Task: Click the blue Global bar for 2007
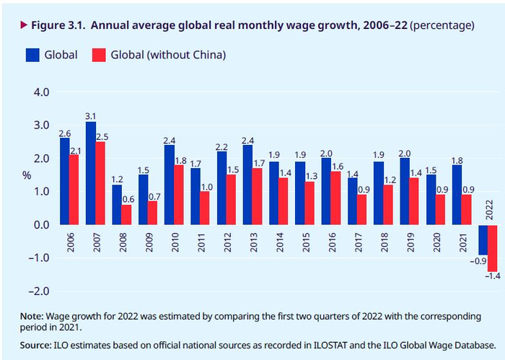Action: point(90,173)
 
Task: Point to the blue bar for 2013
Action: point(247,185)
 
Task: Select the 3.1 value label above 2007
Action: point(90,115)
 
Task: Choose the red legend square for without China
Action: point(99,55)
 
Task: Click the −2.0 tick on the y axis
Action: point(38,291)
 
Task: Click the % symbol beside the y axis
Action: point(27,175)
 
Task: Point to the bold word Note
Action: point(32,316)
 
